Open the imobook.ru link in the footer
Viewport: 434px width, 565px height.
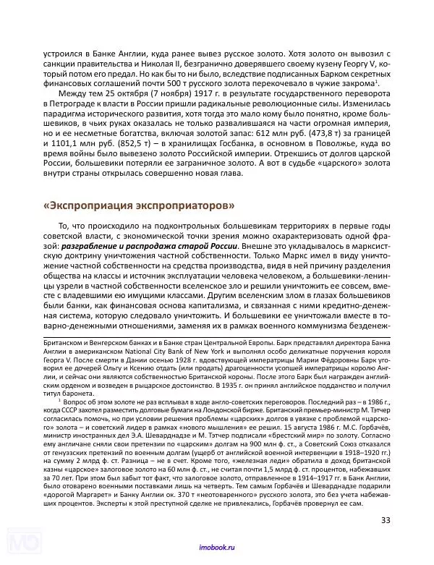coord(216,550)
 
